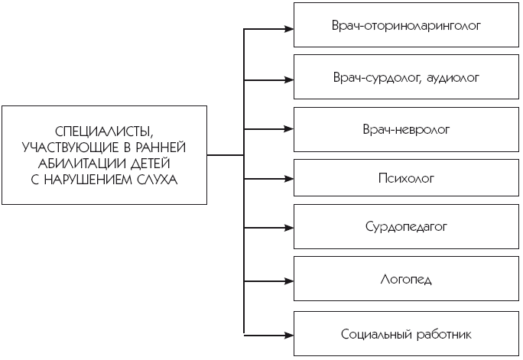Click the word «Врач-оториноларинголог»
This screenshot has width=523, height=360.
point(406,26)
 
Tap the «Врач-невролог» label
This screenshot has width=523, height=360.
point(406,130)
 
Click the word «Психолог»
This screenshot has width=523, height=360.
point(406,178)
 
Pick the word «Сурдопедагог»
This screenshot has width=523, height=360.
point(406,227)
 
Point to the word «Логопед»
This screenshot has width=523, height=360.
point(406,279)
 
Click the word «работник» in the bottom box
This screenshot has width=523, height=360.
point(444,334)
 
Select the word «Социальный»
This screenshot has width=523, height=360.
point(376,334)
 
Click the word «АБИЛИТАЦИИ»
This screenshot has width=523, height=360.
point(82,164)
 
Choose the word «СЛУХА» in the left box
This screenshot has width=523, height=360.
point(157,180)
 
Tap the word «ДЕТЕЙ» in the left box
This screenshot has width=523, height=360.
point(150,164)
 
